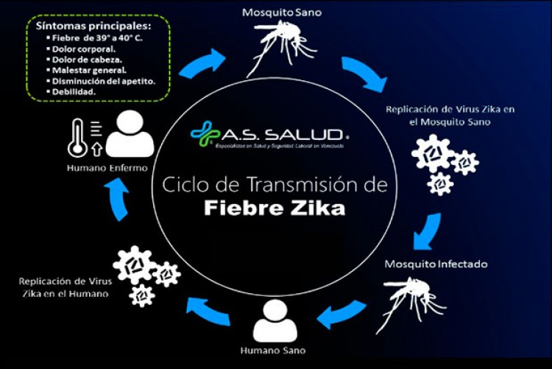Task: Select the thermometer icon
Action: (x=77, y=137)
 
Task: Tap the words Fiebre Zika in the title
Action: (x=275, y=208)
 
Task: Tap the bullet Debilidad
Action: (x=74, y=91)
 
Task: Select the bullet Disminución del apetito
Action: (x=103, y=80)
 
